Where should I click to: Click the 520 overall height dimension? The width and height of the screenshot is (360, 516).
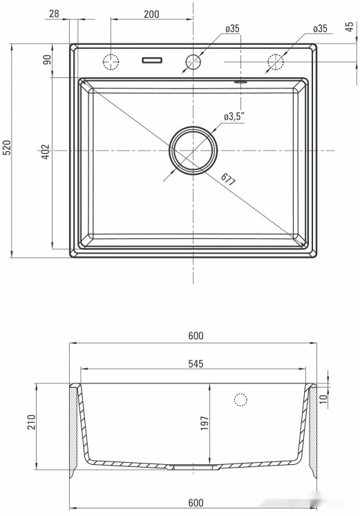(7, 150)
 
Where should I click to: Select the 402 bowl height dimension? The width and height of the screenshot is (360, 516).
(45, 151)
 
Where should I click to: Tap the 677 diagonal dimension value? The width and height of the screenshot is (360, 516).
(229, 180)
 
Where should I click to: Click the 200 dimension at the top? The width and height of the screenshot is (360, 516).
(151, 14)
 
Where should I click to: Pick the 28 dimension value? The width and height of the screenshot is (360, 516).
(55, 14)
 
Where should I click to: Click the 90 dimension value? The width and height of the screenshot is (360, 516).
(47, 59)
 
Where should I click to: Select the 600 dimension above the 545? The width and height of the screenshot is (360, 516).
(195, 336)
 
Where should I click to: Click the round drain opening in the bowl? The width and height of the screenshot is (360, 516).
(193, 150)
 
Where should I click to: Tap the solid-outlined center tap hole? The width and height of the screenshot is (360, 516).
(193, 61)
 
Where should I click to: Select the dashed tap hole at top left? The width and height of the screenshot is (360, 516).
(111, 61)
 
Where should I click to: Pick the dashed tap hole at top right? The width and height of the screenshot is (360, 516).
(275, 61)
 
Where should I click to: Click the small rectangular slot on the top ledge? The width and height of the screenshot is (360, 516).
(151, 61)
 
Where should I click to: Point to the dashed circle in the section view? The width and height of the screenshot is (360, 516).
(240, 399)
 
